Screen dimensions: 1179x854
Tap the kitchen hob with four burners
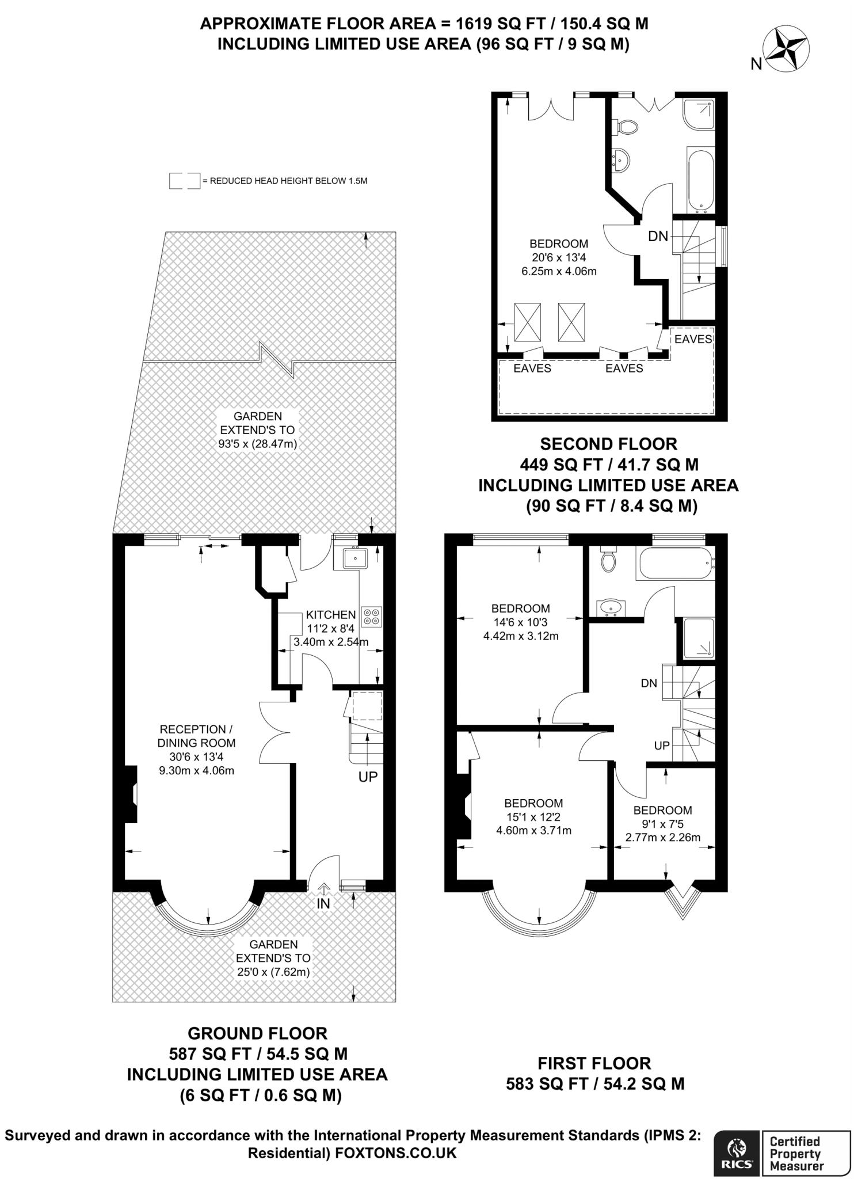point(371,617)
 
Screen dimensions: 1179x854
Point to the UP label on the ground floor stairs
point(368,777)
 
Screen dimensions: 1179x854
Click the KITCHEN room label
point(330,615)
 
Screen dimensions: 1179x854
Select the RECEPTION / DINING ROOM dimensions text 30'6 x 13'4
point(196,757)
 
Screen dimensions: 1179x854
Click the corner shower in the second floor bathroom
point(698,113)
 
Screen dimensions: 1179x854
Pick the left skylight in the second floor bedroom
point(527,322)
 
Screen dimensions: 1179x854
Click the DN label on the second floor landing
point(658,235)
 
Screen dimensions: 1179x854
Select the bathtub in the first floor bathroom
point(674,564)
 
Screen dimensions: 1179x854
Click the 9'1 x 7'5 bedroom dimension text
point(662,824)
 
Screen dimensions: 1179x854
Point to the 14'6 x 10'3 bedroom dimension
point(521,622)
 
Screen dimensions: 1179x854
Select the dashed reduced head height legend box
point(184,181)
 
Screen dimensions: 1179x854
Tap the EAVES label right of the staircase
point(693,339)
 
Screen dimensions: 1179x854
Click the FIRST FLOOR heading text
point(594,1063)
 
